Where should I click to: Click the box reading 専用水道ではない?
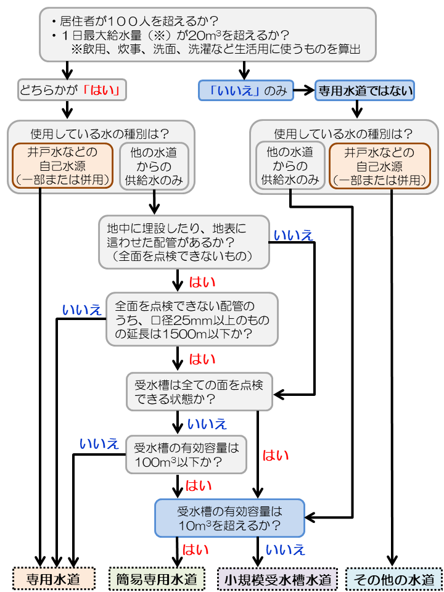364,91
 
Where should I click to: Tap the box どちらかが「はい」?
73,91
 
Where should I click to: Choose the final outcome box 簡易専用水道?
157,580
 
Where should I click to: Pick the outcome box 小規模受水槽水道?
277,580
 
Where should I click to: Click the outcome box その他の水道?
393,580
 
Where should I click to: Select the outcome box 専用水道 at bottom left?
54,580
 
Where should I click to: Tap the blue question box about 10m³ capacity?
229,518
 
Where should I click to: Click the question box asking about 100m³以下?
186,454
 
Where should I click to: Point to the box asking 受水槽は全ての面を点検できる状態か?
199,392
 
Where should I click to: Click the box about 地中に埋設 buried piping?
184,242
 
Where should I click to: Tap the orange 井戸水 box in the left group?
64,165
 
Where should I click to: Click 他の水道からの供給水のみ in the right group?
290,165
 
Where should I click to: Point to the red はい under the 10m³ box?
195,549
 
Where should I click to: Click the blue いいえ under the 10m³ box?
285,549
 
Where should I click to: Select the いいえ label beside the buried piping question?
293,234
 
